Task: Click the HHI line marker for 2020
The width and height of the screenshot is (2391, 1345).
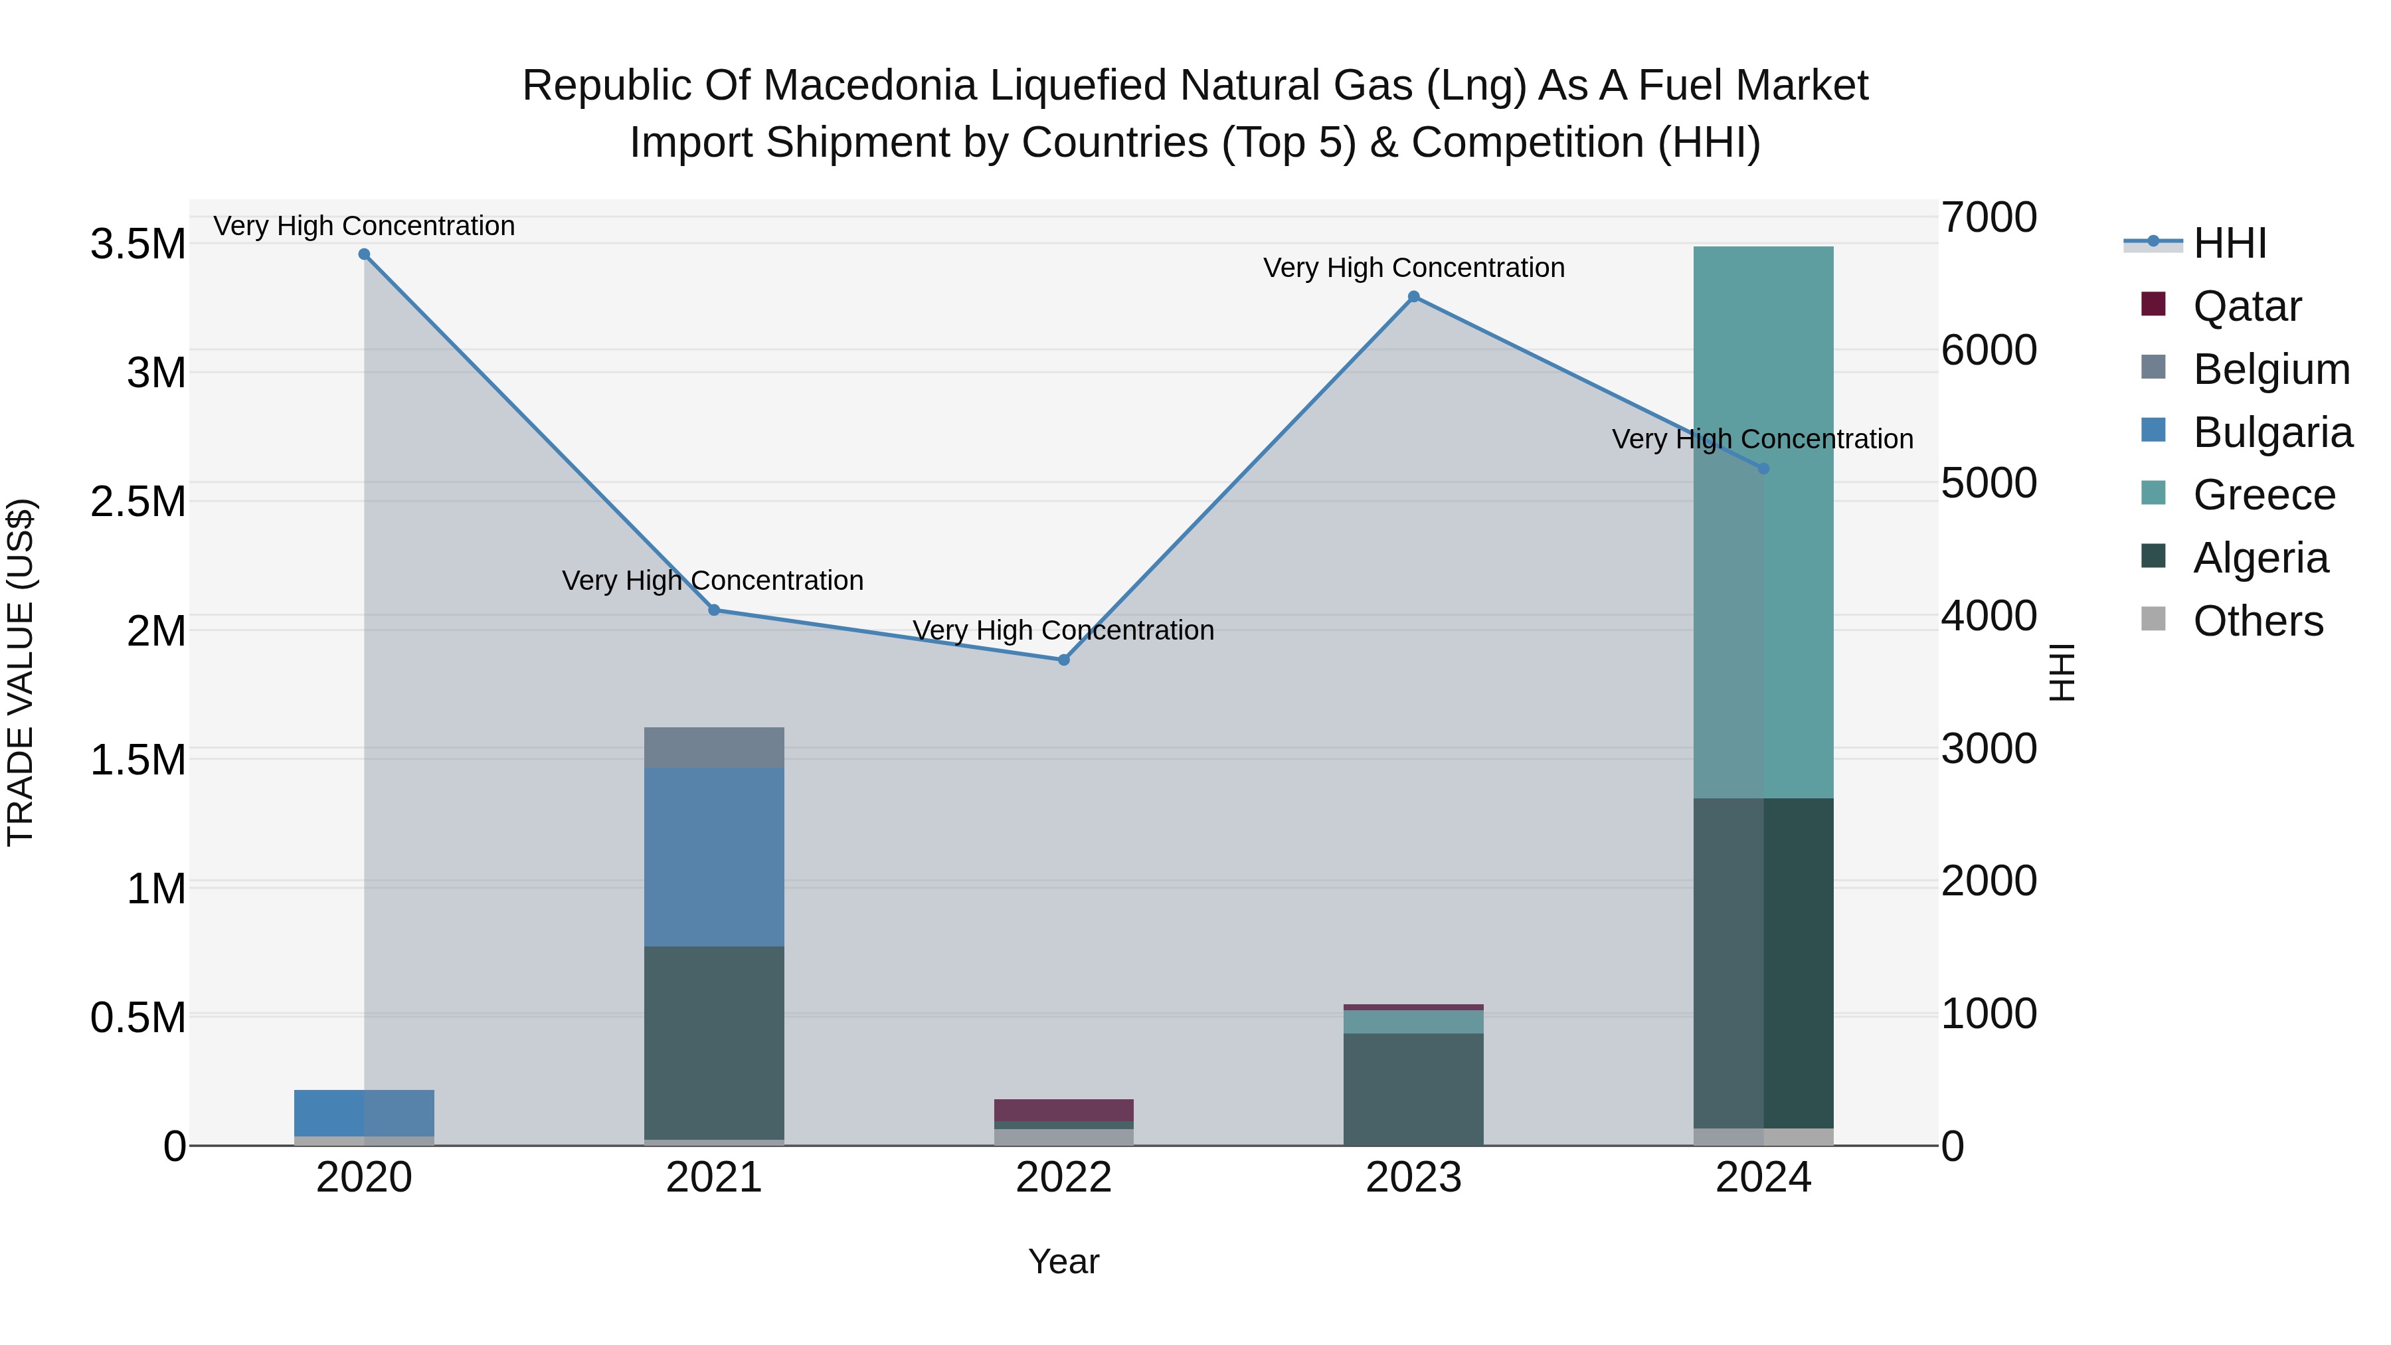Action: (364, 254)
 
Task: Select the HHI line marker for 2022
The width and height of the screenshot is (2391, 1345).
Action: (1064, 660)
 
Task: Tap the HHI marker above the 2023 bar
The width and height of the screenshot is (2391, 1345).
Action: (1413, 297)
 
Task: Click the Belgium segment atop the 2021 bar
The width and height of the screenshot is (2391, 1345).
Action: (714, 747)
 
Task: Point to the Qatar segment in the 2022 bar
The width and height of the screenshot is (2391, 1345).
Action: (1064, 1109)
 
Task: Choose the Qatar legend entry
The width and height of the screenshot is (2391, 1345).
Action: (2246, 306)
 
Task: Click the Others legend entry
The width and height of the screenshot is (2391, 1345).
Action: (2258, 621)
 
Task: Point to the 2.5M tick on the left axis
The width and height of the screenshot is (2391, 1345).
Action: (138, 502)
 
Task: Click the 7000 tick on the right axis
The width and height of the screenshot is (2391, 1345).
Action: (1988, 218)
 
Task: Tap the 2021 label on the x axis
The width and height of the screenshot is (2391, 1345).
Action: (714, 1178)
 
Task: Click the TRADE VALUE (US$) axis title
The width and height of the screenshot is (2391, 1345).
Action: (21, 672)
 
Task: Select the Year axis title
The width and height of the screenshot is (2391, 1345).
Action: (1064, 1261)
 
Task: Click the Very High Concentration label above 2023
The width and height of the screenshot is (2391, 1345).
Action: (1413, 267)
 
